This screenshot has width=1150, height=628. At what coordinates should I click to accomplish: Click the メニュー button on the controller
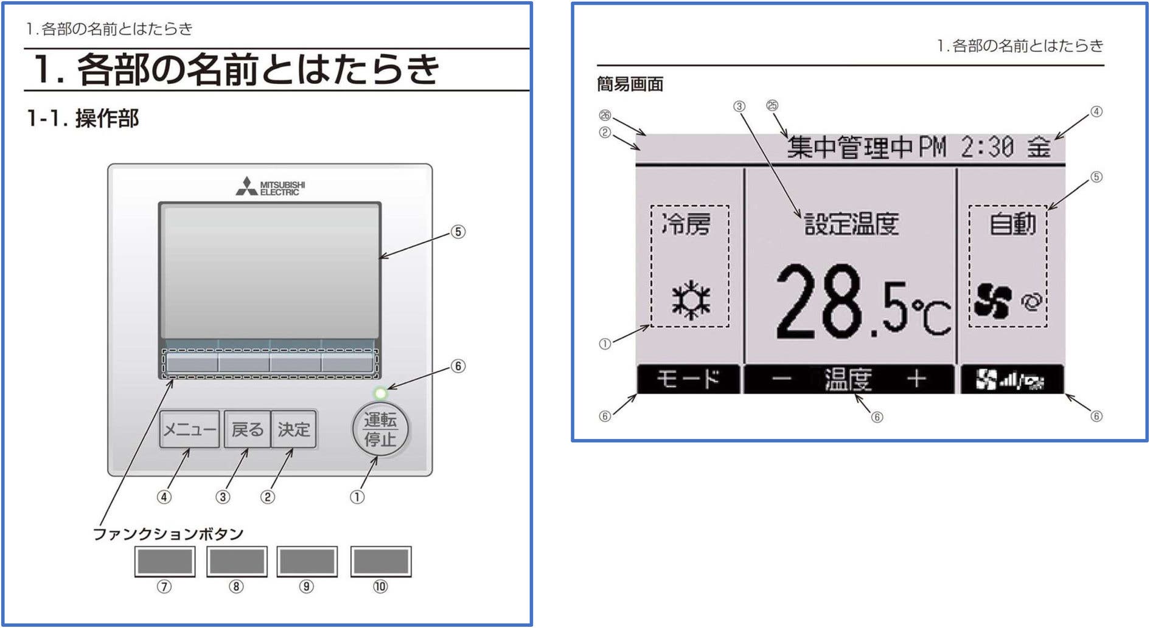(x=189, y=430)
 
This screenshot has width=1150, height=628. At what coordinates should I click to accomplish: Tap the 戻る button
(x=247, y=430)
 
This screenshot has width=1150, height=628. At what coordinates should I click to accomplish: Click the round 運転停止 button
(x=380, y=429)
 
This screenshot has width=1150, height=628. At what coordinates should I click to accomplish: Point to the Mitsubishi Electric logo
(x=271, y=187)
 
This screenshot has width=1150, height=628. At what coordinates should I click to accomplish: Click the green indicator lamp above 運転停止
(x=381, y=393)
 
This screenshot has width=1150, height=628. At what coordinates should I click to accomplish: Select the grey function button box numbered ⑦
(x=165, y=561)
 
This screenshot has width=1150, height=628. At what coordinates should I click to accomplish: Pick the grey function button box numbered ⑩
(x=381, y=561)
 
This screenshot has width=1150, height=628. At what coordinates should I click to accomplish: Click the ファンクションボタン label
(x=168, y=534)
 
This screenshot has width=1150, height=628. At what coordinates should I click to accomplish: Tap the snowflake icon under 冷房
(x=691, y=300)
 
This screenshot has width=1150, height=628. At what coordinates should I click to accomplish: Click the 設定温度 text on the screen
(x=851, y=224)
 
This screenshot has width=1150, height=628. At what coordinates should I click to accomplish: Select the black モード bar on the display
(x=688, y=380)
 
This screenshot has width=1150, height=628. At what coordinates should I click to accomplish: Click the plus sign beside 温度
(x=916, y=380)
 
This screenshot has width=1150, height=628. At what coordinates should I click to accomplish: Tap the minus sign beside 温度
(x=782, y=380)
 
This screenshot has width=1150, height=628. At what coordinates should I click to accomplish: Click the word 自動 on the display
(x=1012, y=224)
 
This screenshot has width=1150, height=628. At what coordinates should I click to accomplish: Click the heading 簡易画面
(x=630, y=84)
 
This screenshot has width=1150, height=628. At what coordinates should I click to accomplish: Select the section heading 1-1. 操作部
(x=83, y=118)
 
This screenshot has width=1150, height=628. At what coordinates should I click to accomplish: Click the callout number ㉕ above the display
(x=772, y=106)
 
